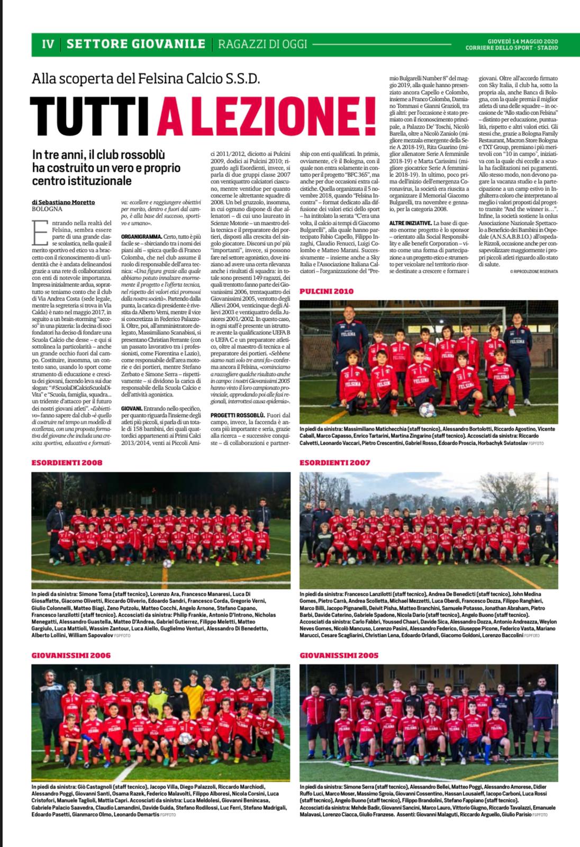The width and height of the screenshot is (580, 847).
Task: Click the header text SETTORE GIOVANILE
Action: coord(136,44)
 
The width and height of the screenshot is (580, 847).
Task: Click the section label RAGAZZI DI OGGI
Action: coord(262,44)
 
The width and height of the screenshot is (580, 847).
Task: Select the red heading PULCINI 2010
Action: coord(327,291)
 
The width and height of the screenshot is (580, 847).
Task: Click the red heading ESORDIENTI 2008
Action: coord(67,462)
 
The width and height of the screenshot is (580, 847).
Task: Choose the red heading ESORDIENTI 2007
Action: coord(335,462)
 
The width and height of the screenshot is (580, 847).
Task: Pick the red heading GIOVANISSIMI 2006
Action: coord(71,655)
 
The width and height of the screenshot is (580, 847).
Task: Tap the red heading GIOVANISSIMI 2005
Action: coord(339,655)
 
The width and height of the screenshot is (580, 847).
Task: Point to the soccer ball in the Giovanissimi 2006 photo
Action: coord(184,738)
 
